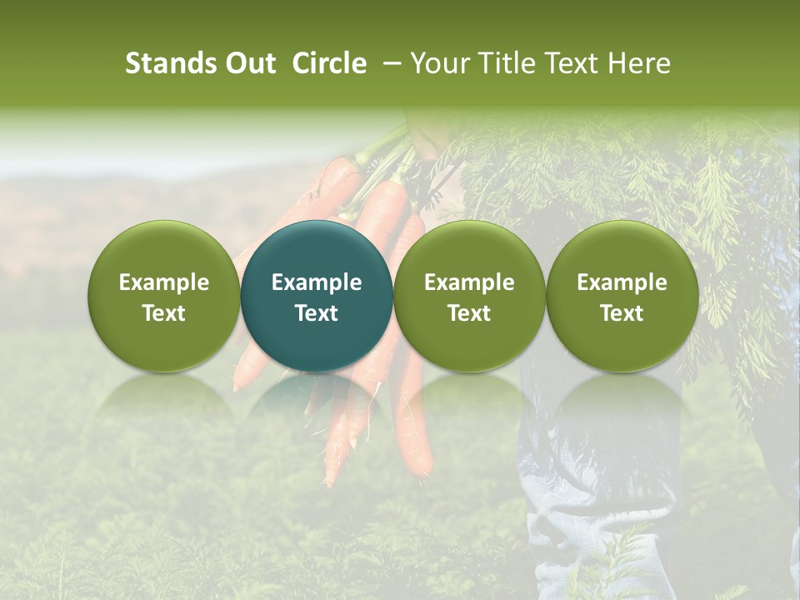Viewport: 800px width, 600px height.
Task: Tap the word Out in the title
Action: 248,63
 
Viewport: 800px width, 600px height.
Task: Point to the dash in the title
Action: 388,64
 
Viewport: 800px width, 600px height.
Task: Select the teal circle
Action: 317,297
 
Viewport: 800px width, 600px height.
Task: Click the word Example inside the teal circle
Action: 317,282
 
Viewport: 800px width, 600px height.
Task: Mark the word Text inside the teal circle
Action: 317,313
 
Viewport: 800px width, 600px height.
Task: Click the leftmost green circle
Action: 164,297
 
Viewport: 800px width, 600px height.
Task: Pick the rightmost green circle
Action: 622,297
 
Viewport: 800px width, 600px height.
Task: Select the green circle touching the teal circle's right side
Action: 469,297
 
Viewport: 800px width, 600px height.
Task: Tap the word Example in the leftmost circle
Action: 164,282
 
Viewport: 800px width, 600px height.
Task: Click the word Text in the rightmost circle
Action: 622,313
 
